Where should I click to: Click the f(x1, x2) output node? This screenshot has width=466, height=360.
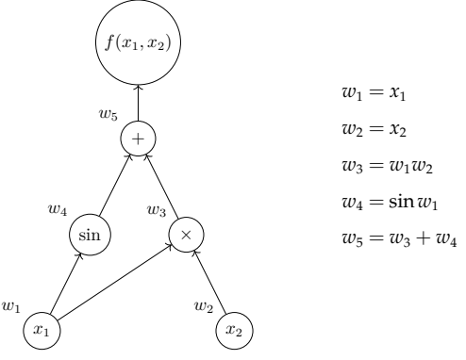pyautogui.click(x=138, y=41)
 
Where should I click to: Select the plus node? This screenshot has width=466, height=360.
pyautogui.click(x=138, y=139)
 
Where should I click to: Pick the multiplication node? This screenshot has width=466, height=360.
pyautogui.click(x=186, y=233)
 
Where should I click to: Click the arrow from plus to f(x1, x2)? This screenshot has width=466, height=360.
pyautogui.click(x=138, y=102)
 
